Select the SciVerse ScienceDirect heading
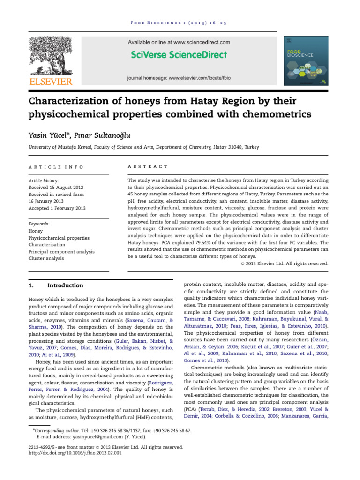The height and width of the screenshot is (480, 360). pyautogui.click(x=179, y=55)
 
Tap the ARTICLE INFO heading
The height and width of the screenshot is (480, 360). pyautogui.click(x=56, y=166)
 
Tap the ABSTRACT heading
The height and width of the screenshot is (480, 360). pyautogui.click(x=147, y=166)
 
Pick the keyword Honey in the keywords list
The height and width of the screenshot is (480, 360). pyautogui.click(x=36, y=231)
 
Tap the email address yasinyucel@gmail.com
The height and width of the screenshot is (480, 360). pyautogui.click(x=95, y=436)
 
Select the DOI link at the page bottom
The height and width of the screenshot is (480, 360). pyautogui.click(x=75, y=454)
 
